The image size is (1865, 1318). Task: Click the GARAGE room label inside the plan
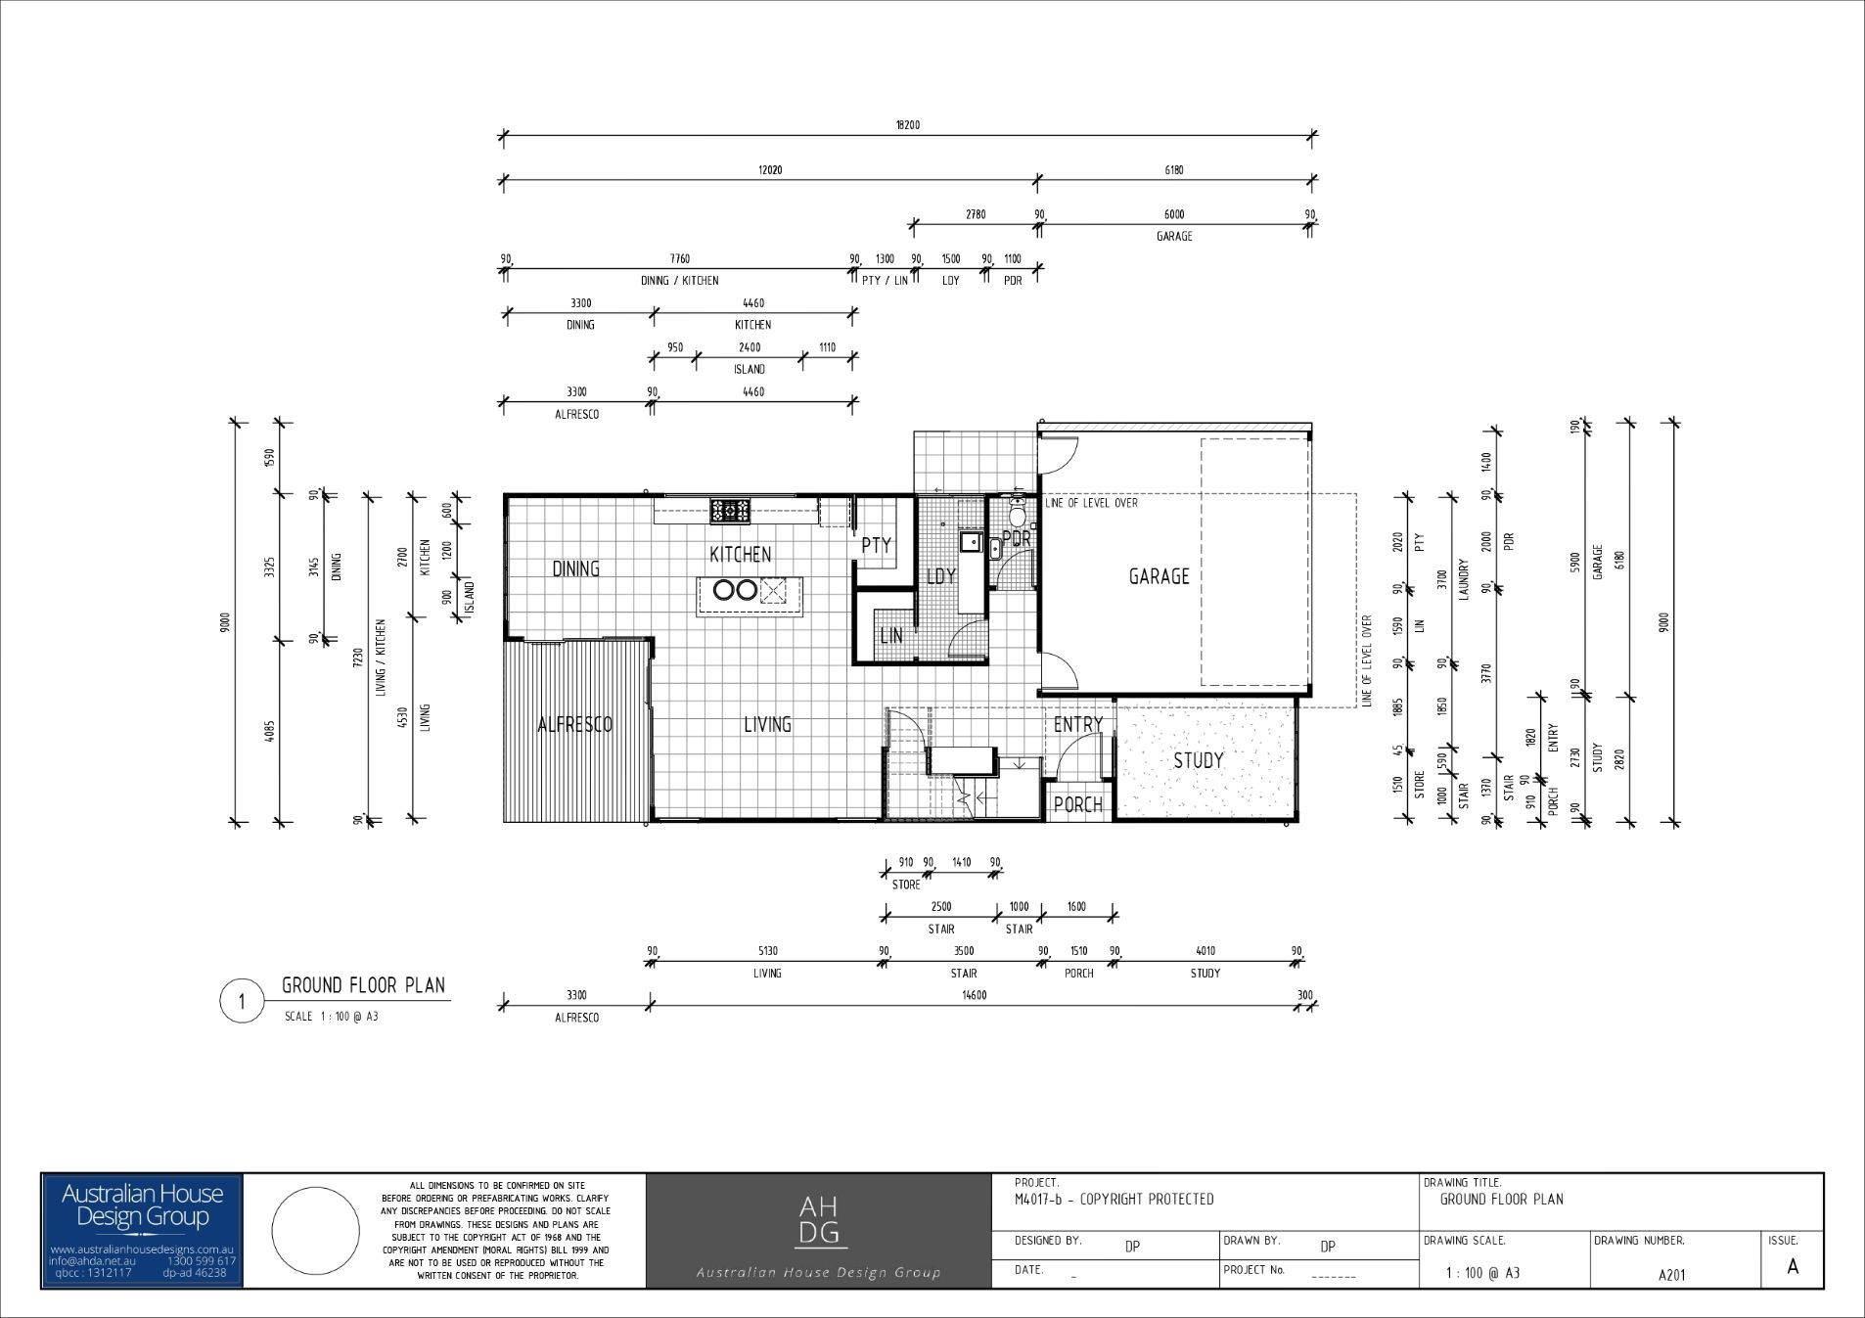(x=1159, y=576)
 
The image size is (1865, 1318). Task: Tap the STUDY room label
(x=1198, y=760)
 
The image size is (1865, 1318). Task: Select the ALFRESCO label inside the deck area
(x=574, y=724)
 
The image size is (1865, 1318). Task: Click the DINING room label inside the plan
(x=575, y=568)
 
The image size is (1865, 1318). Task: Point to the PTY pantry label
(x=876, y=545)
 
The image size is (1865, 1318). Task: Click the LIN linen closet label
(x=890, y=636)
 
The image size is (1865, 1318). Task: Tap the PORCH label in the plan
(x=1077, y=804)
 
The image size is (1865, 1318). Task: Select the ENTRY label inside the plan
(x=1077, y=724)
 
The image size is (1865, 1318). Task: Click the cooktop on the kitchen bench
(x=730, y=510)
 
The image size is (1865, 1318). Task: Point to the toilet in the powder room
(x=1018, y=513)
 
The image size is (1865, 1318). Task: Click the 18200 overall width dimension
(x=907, y=125)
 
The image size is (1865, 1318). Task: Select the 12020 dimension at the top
(x=770, y=170)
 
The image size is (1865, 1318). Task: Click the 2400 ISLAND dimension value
(x=749, y=347)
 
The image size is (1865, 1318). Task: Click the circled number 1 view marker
(x=241, y=1001)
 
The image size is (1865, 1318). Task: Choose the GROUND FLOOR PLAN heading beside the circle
(x=363, y=984)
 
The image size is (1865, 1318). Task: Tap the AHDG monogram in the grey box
(x=818, y=1220)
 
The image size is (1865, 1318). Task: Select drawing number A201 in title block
(x=1672, y=1274)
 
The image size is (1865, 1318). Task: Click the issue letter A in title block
(x=1792, y=1266)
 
